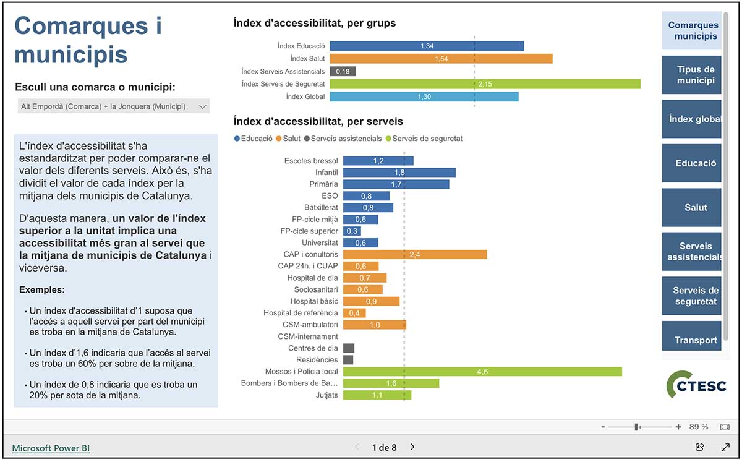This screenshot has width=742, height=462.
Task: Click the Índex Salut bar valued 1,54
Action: tap(441, 59)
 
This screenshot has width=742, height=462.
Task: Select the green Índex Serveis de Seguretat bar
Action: tap(485, 84)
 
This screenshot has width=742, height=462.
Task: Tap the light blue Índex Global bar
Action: tap(424, 96)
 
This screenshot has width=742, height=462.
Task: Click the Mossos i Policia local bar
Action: tap(482, 371)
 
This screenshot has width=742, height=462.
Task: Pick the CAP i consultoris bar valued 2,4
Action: tap(415, 254)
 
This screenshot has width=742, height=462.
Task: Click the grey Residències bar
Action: tap(348, 359)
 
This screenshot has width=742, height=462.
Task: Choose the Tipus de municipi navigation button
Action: tap(691, 75)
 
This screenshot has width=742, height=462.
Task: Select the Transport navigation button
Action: tap(691, 340)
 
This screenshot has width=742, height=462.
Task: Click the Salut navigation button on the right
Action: tap(691, 207)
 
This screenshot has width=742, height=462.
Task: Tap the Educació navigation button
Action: tap(691, 163)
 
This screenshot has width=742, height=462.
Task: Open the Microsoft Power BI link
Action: tap(51, 448)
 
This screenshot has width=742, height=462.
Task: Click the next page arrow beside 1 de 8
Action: tap(412, 447)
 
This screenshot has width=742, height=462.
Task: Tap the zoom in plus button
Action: tap(678, 427)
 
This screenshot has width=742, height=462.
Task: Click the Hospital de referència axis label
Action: tap(301, 313)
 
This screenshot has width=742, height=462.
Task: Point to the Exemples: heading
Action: tap(42, 289)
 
